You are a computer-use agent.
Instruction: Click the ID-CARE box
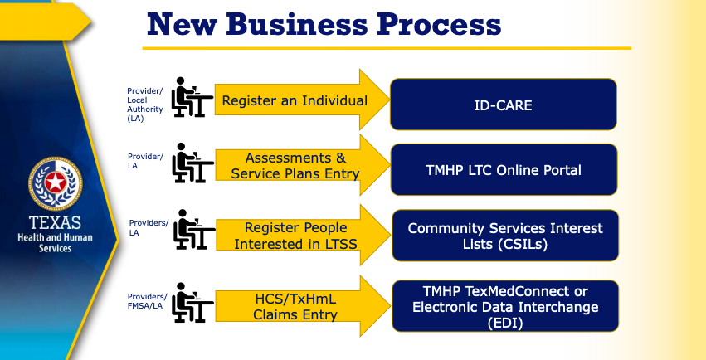504,105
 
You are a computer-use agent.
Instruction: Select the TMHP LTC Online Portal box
504,170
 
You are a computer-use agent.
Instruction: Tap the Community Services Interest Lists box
505,236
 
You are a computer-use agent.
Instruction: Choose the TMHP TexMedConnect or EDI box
505,306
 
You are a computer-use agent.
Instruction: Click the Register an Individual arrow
302,100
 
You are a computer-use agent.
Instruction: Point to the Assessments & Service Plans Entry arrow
303,165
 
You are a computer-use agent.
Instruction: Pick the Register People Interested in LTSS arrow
303,236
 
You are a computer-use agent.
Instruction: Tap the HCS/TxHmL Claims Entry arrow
303,306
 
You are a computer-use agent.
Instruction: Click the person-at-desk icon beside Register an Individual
192,97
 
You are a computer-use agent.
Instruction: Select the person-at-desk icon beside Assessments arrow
192,163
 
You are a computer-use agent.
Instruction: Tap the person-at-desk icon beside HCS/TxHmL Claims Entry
192,303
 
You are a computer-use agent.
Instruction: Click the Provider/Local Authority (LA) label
145,105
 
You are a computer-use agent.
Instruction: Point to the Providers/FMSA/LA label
147,301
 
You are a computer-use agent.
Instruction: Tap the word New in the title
182,24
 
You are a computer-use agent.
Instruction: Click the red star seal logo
55,183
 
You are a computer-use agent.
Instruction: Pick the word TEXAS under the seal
55,223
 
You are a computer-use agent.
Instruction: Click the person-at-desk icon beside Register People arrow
194,229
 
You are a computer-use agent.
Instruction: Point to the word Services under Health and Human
55,248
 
